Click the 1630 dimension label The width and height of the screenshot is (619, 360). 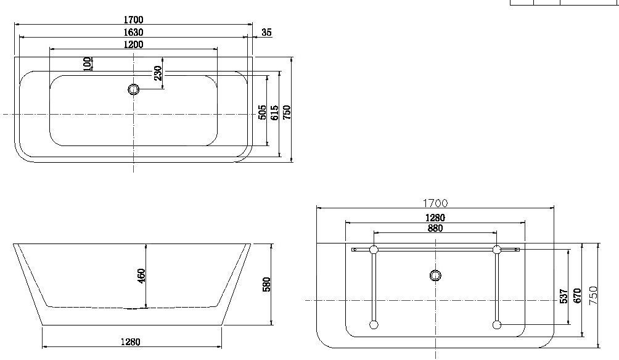[x=133, y=32]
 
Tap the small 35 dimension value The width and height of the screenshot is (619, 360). [x=267, y=33]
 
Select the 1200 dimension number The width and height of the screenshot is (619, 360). [x=133, y=44]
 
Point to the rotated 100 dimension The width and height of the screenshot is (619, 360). [x=88, y=63]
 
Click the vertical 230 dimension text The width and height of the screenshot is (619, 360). [x=158, y=73]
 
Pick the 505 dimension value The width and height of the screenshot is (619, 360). [x=262, y=112]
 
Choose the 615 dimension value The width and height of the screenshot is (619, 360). [x=274, y=112]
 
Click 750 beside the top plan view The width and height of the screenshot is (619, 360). [x=287, y=112]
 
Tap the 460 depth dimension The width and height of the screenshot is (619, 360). [x=142, y=276]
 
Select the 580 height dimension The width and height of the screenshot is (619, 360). [x=266, y=284]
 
